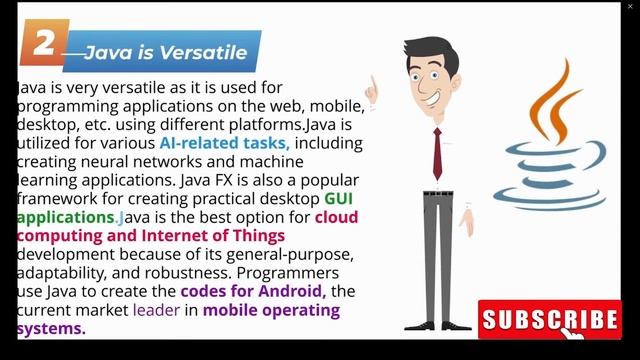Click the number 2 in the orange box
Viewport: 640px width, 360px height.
pyautogui.click(x=43, y=44)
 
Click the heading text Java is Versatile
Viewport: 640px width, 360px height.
pyautogui.click(x=165, y=52)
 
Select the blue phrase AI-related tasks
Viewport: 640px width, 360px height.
pyautogui.click(x=224, y=143)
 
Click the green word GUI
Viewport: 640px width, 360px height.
pyautogui.click(x=338, y=199)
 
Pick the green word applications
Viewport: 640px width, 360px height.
pyautogui.click(x=65, y=217)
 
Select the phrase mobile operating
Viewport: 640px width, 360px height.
pyautogui.click(x=271, y=310)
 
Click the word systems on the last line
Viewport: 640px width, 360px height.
pyautogui.click(x=51, y=328)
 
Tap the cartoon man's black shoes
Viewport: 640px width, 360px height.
pyautogui.click(x=440, y=323)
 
